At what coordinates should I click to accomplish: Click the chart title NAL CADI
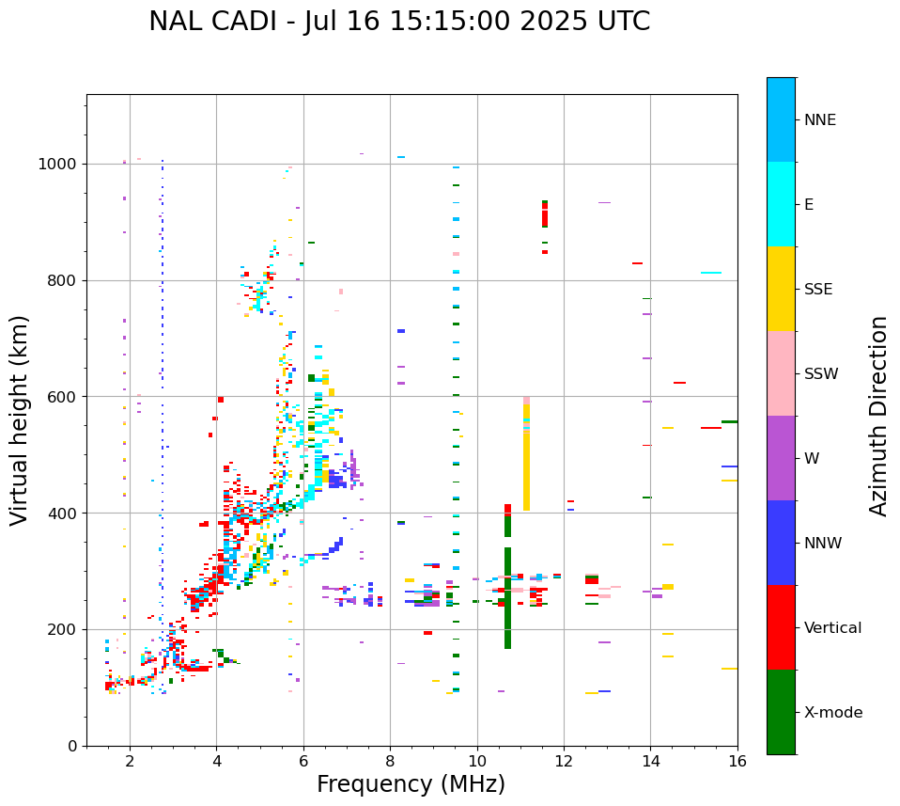(x=399, y=22)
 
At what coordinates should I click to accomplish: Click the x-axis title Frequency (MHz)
(x=411, y=784)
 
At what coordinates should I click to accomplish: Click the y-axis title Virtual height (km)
(x=20, y=420)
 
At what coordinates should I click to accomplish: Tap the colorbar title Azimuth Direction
(x=878, y=416)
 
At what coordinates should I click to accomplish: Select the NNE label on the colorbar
(x=820, y=120)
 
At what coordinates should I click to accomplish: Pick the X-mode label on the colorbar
(x=833, y=713)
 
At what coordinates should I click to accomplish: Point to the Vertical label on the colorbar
(x=833, y=628)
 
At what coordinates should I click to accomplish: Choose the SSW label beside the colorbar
(x=821, y=374)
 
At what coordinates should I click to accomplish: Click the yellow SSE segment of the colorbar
(x=781, y=289)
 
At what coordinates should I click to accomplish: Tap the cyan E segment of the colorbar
(x=781, y=204)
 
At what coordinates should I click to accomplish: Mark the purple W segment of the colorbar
(x=781, y=458)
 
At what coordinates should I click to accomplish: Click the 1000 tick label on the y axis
(x=58, y=164)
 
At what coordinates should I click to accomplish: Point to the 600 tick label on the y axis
(x=63, y=397)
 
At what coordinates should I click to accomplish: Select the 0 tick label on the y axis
(x=72, y=746)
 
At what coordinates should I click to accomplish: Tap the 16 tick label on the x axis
(x=737, y=761)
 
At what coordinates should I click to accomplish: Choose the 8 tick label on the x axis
(x=390, y=761)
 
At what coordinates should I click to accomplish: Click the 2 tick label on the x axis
(x=130, y=761)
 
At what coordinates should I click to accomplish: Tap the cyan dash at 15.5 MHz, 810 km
(x=711, y=273)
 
